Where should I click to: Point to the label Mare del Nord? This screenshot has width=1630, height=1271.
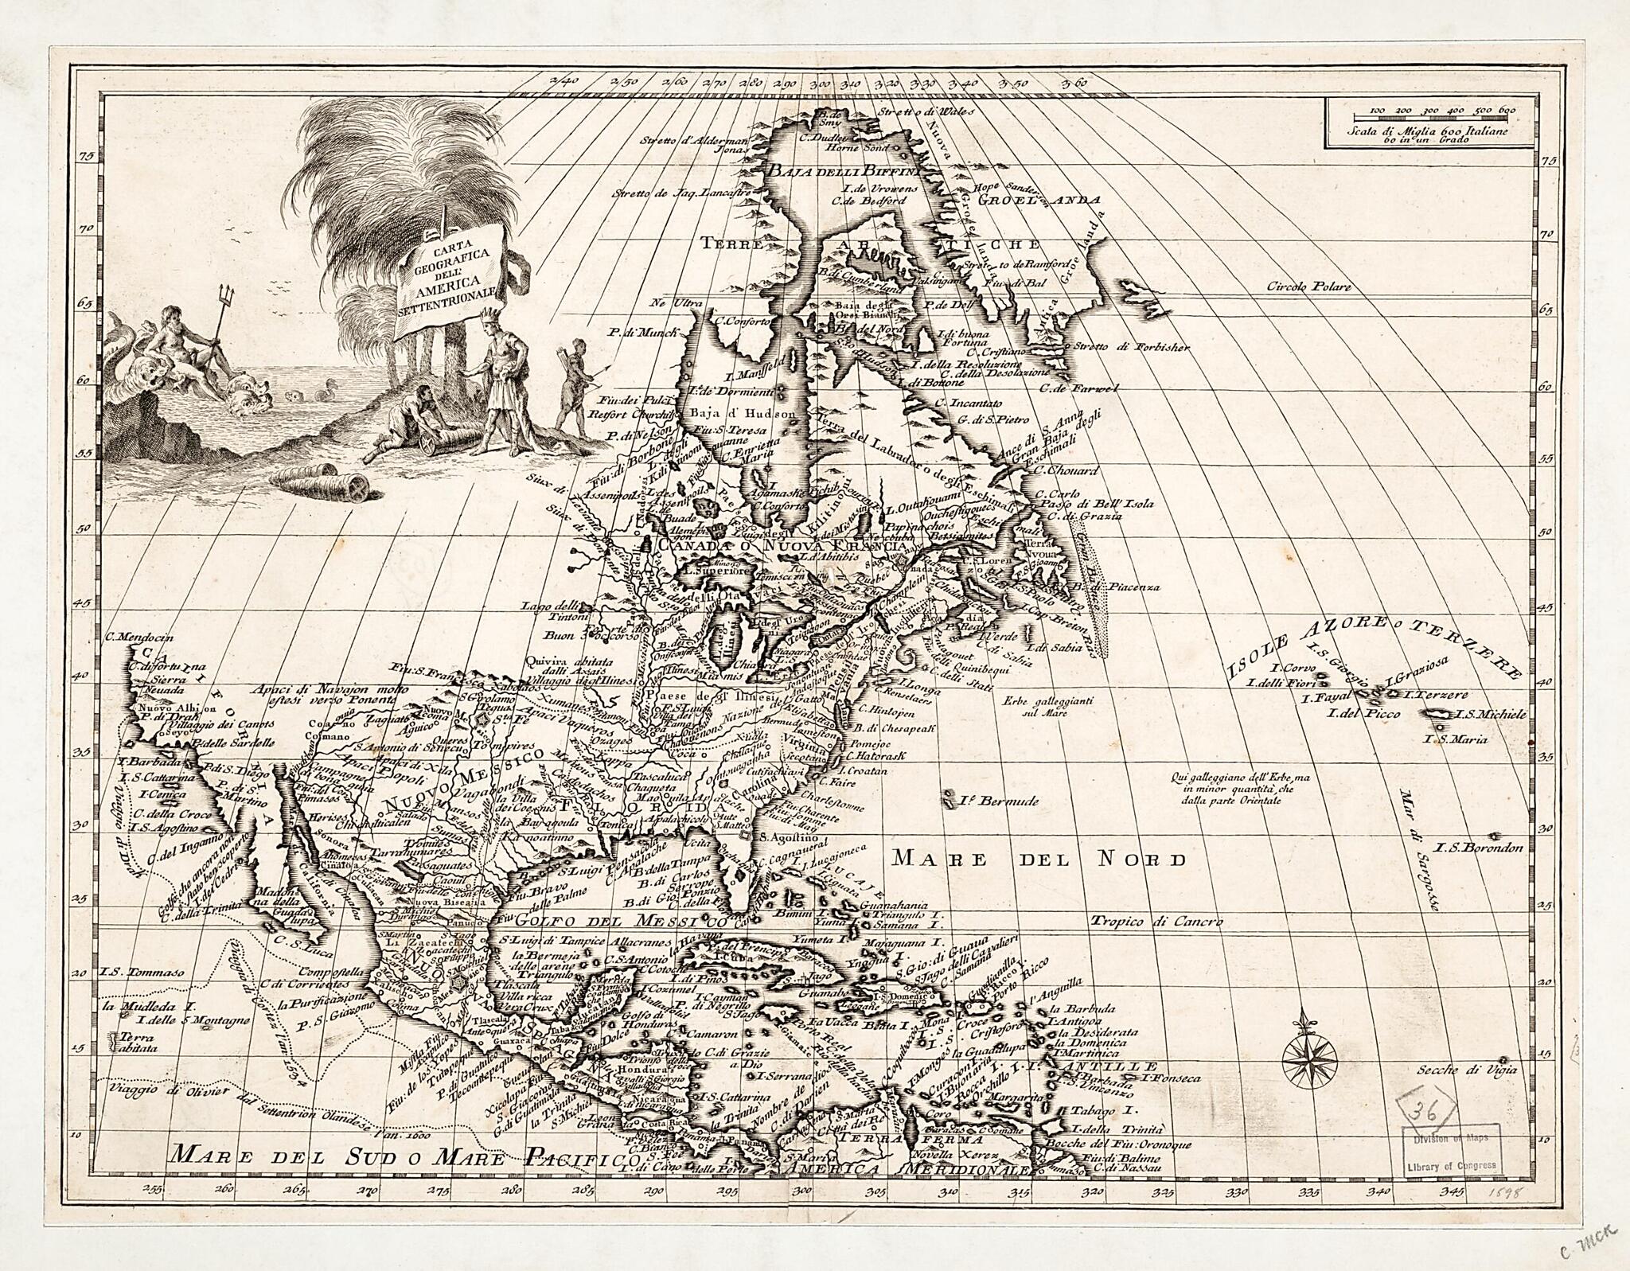[1039, 859]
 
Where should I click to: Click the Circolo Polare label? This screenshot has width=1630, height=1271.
[1308, 287]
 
